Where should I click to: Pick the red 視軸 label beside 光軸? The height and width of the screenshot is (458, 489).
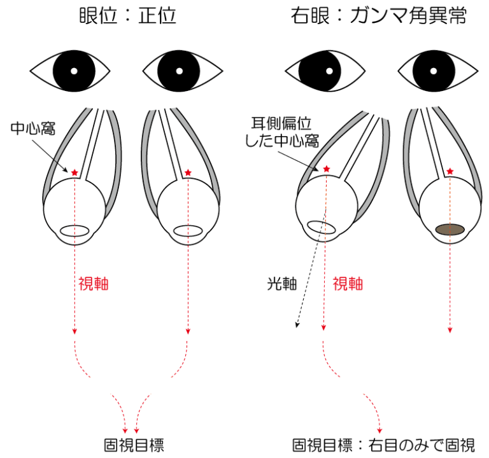coord(348,284)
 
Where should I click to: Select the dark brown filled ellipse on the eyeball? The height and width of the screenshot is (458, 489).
coord(450,229)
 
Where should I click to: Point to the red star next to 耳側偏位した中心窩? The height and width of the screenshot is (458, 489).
coord(327,169)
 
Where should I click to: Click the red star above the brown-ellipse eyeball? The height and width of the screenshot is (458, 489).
coord(450,171)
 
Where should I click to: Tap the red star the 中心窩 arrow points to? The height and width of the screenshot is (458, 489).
coord(74,172)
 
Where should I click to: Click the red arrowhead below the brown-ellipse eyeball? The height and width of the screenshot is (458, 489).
coord(450,329)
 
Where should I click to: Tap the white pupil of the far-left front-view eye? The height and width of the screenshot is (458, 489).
coord(74,70)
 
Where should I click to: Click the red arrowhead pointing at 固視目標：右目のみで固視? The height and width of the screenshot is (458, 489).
coord(381,429)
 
